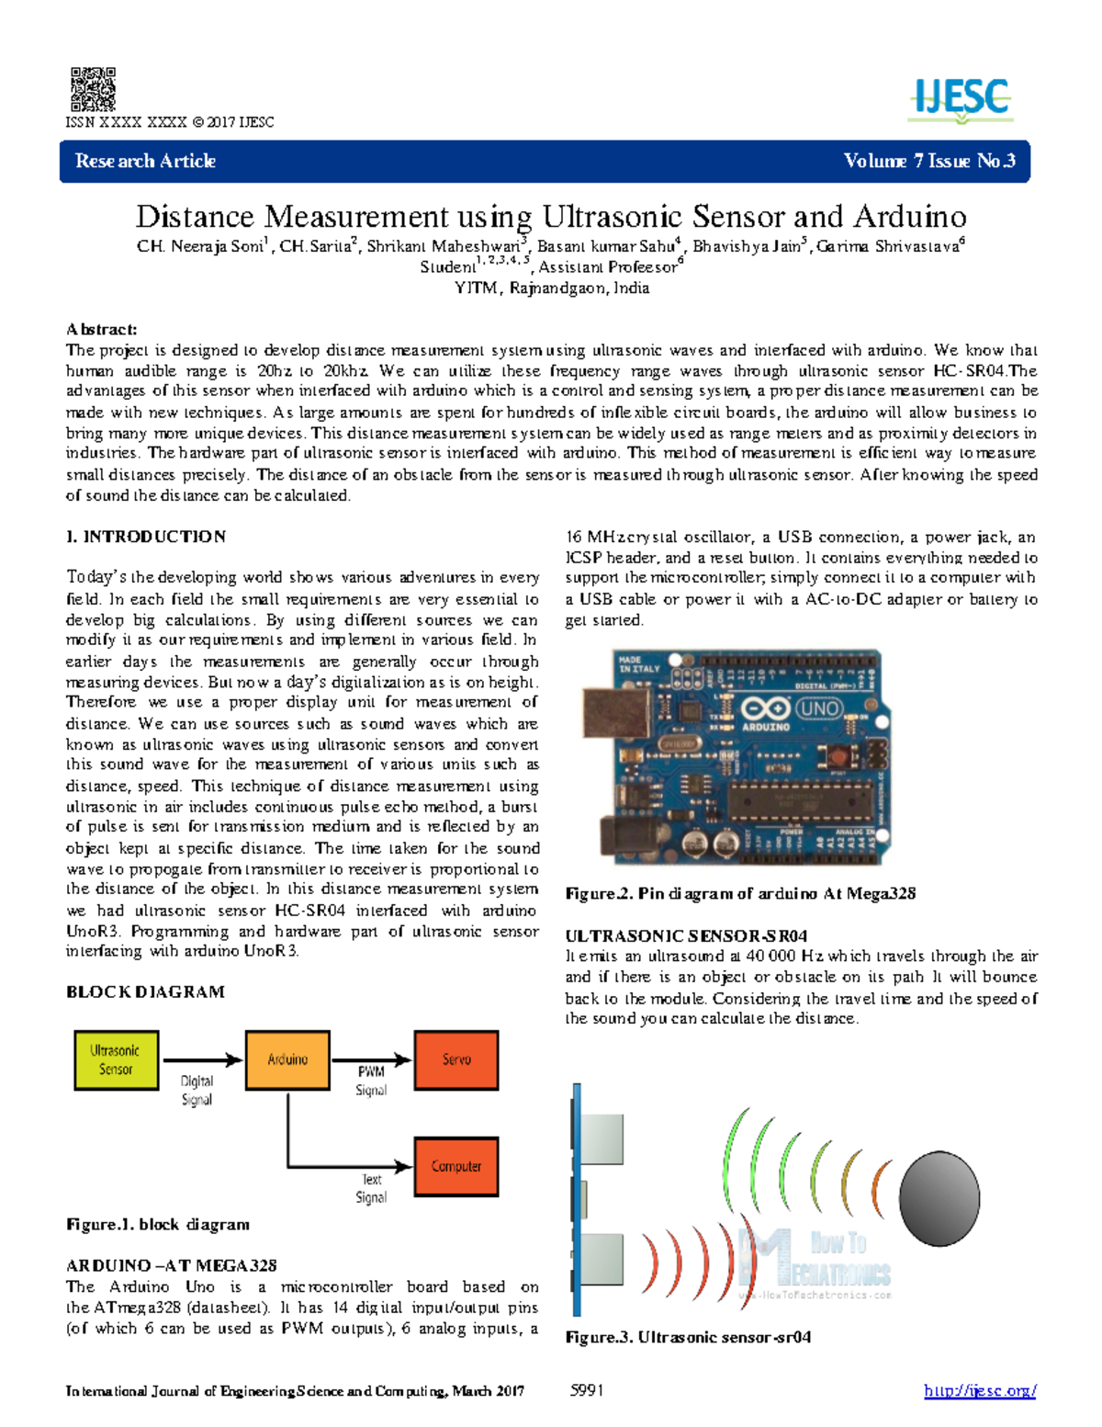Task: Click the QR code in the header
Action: pyautogui.click(x=93, y=89)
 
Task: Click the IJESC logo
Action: pyautogui.click(x=961, y=100)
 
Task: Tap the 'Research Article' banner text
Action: pyautogui.click(x=145, y=161)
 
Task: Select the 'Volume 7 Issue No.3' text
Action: pyautogui.click(x=928, y=161)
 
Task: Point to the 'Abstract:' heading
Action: pyautogui.click(x=101, y=329)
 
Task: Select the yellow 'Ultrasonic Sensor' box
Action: pyautogui.click(x=116, y=1059)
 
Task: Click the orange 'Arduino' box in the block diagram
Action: pyautogui.click(x=287, y=1059)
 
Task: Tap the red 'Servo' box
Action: pyautogui.click(x=456, y=1059)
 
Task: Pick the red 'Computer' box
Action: pyautogui.click(x=456, y=1166)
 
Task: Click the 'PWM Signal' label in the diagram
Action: pyautogui.click(x=371, y=1081)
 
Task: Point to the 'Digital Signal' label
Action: pyautogui.click(x=197, y=1090)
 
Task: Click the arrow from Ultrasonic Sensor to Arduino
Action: pyautogui.click(x=201, y=1059)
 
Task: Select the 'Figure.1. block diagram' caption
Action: pyautogui.click(x=158, y=1224)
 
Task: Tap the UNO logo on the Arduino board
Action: pyautogui.click(x=818, y=708)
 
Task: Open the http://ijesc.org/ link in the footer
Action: pyautogui.click(x=980, y=1390)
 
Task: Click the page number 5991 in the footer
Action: pyautogui.click(x=587, y=1390)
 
